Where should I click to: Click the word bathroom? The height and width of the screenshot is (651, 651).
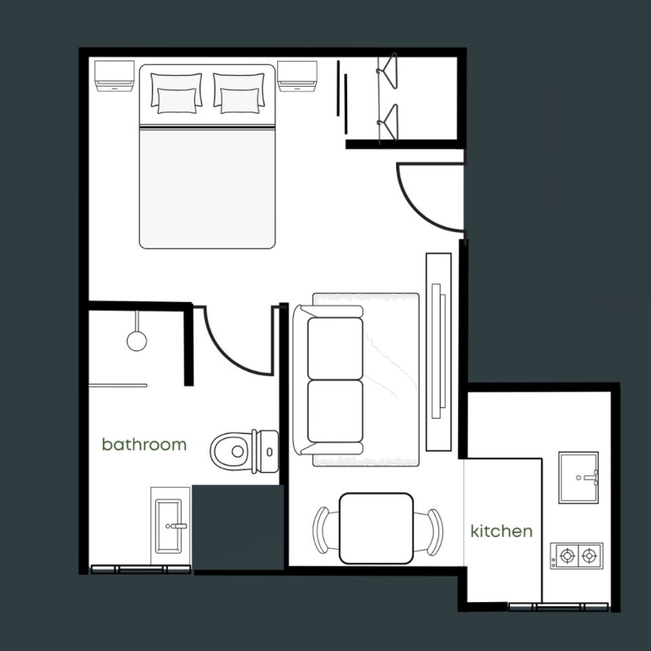click(144, 444)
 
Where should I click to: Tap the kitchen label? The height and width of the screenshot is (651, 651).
click(502, 531)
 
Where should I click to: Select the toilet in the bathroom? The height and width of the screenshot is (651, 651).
click(244, 452)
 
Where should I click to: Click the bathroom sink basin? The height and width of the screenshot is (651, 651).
click(169, 526)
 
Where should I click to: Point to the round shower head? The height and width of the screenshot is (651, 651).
click(136, 340)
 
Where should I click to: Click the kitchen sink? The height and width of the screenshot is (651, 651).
click(578, 477)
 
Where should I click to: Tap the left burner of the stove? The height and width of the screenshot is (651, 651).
click(567, 555)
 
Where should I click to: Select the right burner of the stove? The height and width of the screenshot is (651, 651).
click(589, 555)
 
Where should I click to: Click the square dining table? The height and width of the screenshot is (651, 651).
click(376, 528)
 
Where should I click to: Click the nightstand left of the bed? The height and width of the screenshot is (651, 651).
click(114, 75)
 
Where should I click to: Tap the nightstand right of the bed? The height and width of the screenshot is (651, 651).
click(297, 76)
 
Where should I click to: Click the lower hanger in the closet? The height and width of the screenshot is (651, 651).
click(388, 122)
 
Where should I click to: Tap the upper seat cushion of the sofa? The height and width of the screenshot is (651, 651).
click(335, 349)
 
